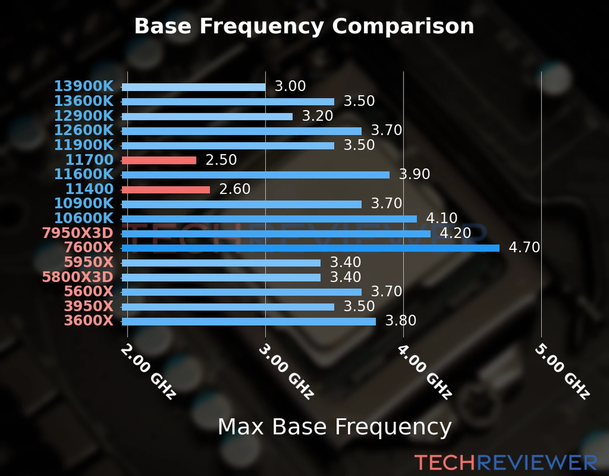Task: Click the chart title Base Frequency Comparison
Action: pos(304,26)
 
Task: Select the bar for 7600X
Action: pos(310,248)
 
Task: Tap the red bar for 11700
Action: pos(159,160)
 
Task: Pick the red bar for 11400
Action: pos(166,190)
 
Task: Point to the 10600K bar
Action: pos(269,219)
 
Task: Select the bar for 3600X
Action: pos(249,321)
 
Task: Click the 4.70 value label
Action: pos(524,248)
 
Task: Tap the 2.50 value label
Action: pos(221,160)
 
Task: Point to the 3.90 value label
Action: pos(414,174)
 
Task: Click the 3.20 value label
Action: pos(318,116)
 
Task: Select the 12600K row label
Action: pos(84,130)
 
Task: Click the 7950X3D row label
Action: pos(78,233)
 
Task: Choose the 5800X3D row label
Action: pos(78,277)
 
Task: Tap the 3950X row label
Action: pos(89,306)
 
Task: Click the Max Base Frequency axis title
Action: pos(335,427)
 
